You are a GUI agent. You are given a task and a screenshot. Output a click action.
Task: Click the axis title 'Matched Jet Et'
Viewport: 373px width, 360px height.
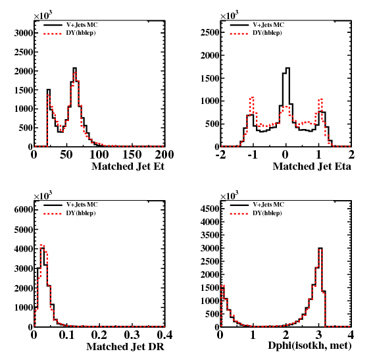tap(128, 166)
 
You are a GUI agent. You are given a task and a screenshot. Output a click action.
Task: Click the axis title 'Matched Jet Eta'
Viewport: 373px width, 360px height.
tap(312, 166)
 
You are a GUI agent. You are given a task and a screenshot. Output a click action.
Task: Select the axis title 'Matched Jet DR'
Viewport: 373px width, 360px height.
tap(125, 346)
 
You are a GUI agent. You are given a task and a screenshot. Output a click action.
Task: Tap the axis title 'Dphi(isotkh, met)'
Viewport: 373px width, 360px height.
tap(309, 346)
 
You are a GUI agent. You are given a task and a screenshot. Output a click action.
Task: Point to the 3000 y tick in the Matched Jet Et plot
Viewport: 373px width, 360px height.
tap(23, 33)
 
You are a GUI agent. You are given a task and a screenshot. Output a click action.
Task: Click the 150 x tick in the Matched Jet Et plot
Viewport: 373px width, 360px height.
tap(132, 155)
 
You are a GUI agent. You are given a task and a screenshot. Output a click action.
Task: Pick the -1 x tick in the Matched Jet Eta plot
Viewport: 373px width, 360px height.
tap(252, 155)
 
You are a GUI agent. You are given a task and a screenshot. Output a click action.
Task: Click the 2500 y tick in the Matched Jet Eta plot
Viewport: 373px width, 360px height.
tap(210, 32)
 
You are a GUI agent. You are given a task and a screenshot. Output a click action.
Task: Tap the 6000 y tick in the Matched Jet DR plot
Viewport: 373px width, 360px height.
tap(23, 210)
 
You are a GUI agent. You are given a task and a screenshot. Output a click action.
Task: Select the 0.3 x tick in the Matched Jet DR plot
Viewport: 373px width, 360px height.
tap(132, 335)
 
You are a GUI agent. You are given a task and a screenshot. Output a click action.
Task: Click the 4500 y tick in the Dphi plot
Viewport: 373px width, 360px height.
tap(210, 209)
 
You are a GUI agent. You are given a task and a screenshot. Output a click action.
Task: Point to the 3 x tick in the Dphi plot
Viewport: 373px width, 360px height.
tap(319, 335)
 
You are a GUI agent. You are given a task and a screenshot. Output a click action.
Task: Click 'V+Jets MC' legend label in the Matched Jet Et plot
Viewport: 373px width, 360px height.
tap(82, 25)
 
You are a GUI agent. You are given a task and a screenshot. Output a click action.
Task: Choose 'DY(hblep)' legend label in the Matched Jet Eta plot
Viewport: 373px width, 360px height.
tap(267, 33)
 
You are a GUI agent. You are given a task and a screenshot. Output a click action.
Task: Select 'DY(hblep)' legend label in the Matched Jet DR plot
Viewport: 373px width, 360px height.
tap(81, 213)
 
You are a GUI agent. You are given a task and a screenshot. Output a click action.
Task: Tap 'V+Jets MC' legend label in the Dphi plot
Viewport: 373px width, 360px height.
tap(268, 205)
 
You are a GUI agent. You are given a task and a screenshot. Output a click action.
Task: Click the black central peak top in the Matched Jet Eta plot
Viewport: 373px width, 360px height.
tap(287, 68)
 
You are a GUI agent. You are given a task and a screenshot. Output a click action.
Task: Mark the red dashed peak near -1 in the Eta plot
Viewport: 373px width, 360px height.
tap(252, 97)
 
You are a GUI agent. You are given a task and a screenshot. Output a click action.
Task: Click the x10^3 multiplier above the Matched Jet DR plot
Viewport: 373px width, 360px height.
tap(43, 195)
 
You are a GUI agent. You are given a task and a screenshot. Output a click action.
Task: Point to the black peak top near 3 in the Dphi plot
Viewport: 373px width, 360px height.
tap(320, 248)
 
